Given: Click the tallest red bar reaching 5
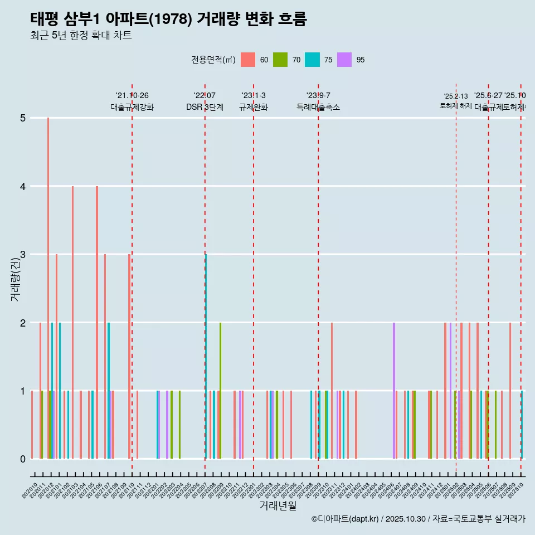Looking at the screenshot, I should click(x=48, y=279).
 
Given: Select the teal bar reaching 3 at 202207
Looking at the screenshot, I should click(x=206, y=357).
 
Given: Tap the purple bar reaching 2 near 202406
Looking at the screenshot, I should click(x=394, y=390).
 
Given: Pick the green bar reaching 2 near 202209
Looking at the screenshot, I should click(x=221, y=390).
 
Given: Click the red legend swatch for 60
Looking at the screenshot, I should click(x=248, y=60).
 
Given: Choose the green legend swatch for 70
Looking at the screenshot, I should click(x=280, y=60).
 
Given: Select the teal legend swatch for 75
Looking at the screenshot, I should click(x=313, y=60).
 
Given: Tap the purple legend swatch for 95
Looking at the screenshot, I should click(x=345, y=60).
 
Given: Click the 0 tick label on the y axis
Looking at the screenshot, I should click(x=22, y=459).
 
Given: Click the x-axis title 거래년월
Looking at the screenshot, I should click(x=278, y=505).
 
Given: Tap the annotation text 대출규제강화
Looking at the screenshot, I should click(x=132, y=107).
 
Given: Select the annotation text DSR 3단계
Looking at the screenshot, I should click(x=205, y=107).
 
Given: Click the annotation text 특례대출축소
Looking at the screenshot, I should click(x=318, y=107).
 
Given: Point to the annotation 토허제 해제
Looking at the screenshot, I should click(x=456, y=105).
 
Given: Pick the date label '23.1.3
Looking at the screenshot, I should click(x=254, y=95).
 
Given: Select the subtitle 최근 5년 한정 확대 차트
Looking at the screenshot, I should click(x=81, y=36).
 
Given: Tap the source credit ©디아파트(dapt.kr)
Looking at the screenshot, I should click(x=346, y=519).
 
